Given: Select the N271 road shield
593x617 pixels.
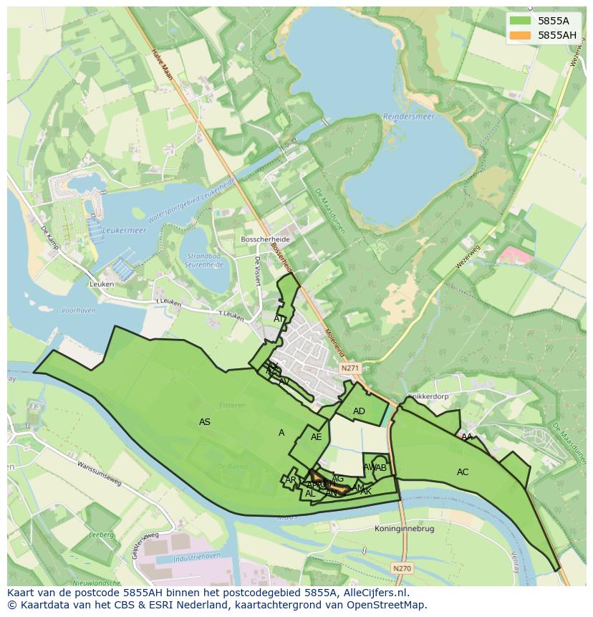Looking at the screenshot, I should coord(349,368).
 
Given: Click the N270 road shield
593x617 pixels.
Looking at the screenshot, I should coord(403,568).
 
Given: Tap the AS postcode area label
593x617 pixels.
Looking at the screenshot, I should coord(205,422).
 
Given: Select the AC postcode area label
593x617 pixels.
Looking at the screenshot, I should coord(463,472).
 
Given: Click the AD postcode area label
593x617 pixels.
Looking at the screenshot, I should coord(360,411).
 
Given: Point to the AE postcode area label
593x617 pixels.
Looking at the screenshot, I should coord(317,437).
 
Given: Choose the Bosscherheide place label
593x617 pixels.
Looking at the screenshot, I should coord(265,238).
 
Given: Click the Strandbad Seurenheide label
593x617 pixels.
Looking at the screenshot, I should coord(205,259).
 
